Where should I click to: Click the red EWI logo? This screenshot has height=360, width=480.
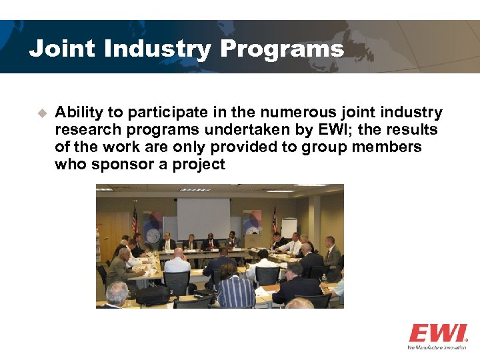click(437, 333)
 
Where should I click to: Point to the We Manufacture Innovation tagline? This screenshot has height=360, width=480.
click(437, 347)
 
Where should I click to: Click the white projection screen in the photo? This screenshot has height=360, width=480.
click(203, 217)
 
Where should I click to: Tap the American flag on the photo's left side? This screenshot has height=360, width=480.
click(135, 220)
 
